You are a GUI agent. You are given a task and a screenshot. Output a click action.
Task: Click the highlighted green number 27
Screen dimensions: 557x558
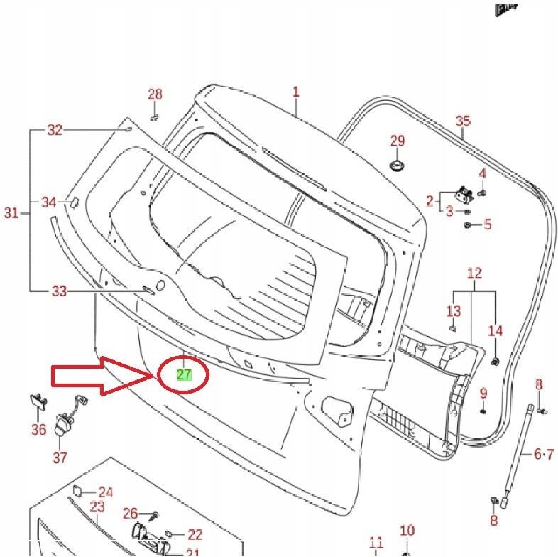[x=184, y=374]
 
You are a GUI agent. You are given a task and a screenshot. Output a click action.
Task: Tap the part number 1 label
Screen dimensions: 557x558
[x=296, y=92]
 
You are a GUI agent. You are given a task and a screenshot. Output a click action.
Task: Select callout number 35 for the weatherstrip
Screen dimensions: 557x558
[x=463, y=121]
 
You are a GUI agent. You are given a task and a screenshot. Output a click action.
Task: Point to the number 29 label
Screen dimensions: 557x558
[x=398, y=141]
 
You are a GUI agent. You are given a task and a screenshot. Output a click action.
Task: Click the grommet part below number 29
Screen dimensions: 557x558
[x=398, y=166]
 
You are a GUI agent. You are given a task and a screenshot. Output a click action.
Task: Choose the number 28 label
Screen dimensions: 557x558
[x=155, y=94]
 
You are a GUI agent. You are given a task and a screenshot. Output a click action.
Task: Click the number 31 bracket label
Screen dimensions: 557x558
[x=11, y=212]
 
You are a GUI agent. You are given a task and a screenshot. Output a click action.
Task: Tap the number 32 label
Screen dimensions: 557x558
[x=55, y=130]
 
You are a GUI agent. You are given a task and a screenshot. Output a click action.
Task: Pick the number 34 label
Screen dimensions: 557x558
[x=48, y=202]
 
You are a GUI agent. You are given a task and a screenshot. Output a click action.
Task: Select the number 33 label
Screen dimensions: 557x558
[x=60, y=291]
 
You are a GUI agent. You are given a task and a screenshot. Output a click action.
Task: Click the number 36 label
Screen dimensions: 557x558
[x=38, y=429]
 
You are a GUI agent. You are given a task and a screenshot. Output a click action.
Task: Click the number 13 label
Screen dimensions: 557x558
[x=454, y=311]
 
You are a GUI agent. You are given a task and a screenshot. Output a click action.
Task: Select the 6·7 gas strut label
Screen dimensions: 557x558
[x=545, y=453]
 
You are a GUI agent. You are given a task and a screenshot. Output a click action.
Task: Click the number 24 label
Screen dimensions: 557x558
[x=105, y=492]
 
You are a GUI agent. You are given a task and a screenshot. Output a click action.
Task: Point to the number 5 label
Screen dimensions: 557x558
[x=487, y=225]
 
